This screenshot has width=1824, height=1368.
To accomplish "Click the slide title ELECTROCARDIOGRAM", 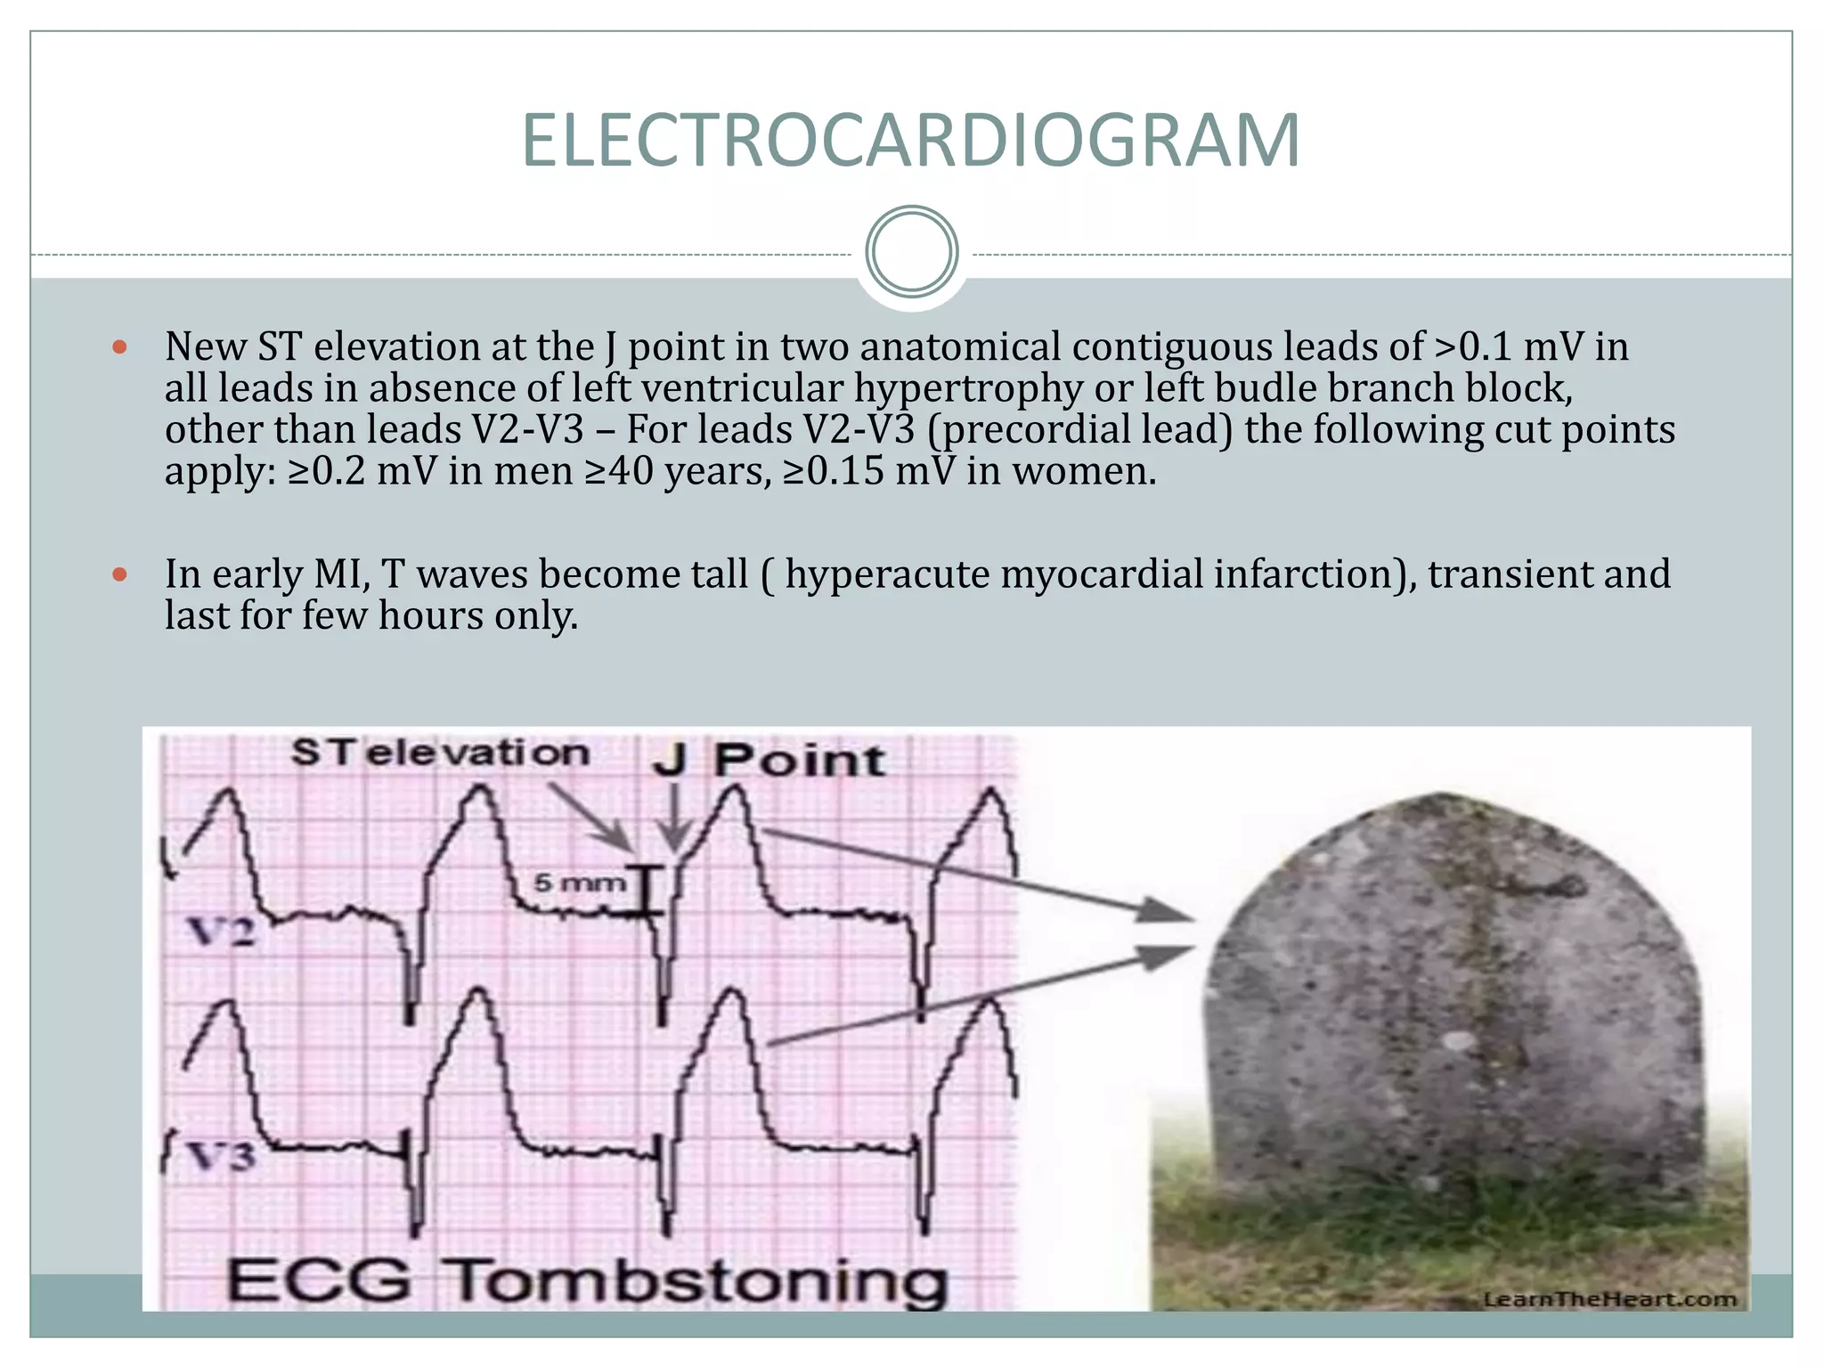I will pos(910,141).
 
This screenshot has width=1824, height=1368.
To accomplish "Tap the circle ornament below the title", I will pos(912,252).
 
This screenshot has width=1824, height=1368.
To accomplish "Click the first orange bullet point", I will pos(120,346).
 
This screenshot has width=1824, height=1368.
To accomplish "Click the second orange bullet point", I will pos(120,574).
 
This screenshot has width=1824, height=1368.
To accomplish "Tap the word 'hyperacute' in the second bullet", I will pos(886,574).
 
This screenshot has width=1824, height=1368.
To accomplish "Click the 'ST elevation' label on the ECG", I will pos(441,753).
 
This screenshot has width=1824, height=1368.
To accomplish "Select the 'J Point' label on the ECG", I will pos(768,761).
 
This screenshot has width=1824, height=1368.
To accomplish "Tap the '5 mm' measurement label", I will pos(579,883).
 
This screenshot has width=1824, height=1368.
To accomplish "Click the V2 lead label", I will pos(221,932).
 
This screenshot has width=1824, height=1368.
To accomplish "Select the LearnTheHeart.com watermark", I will pos(1609,1299).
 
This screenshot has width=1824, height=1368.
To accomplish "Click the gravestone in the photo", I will pos(1452,997).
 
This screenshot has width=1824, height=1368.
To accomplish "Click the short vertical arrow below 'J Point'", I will pos(674,818).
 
